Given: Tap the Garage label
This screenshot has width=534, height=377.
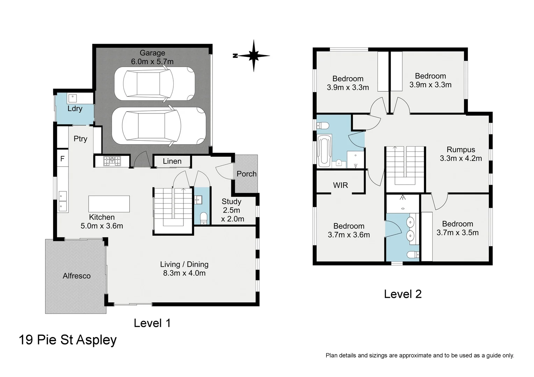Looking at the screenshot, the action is pos(152,53).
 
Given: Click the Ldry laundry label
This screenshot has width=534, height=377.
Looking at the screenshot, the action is pos(75,109).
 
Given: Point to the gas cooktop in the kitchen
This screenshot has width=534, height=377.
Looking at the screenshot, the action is pos(112,161).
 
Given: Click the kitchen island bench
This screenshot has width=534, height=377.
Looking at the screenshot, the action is pos(109,204).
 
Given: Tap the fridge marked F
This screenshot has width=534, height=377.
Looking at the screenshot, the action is pos(63,158).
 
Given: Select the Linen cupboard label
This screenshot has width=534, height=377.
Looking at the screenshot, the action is pos(172,161).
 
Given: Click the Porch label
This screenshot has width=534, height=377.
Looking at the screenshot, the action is pos(246,174).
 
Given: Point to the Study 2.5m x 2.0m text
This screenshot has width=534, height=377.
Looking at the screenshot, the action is pos(232,210).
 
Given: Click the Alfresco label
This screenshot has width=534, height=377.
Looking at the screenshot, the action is pos(77,276).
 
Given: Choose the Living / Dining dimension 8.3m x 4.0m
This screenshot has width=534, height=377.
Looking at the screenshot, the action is pos(184,273).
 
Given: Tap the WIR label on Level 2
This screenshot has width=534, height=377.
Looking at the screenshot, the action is pos(340,185).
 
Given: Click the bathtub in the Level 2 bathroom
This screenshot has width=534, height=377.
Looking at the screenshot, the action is pos(324,150).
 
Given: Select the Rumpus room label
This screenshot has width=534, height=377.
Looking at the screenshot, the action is pos(461,149).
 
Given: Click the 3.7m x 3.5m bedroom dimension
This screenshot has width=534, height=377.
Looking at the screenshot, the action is pos(457,232).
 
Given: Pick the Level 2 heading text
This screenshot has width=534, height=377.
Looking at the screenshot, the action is pos(403,294).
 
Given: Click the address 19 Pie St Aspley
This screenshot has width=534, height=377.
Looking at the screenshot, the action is pos(68,340).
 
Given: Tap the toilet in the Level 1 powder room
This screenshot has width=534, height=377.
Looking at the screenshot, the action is pos(204,218).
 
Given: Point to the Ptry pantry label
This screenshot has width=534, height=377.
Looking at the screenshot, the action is pos(80,139).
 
